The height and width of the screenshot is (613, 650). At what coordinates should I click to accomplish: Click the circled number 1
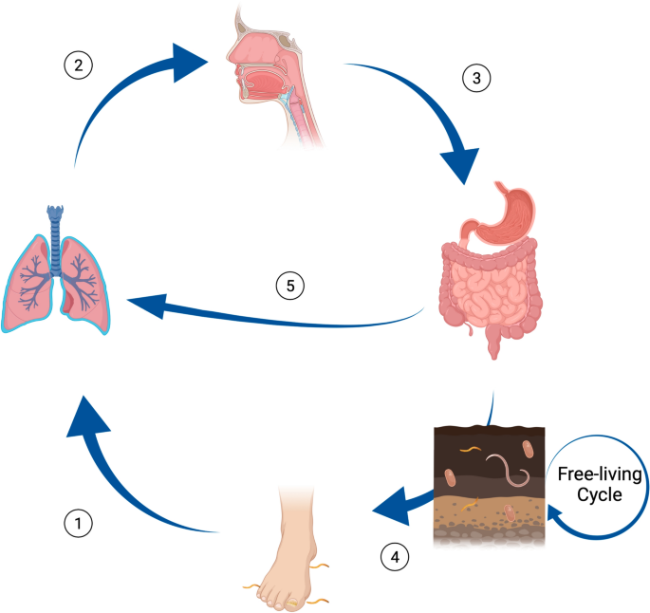79,523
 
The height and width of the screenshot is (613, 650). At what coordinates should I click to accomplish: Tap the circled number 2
79,65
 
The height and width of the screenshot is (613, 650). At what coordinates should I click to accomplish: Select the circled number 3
476,78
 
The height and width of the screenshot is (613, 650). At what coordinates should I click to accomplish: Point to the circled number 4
395,557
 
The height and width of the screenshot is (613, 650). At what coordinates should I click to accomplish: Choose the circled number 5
290,286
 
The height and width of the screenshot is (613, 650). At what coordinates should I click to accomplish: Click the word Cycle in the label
600,495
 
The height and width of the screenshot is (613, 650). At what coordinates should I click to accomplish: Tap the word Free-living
600,474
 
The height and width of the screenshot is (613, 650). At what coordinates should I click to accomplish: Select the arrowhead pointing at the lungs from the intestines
148,305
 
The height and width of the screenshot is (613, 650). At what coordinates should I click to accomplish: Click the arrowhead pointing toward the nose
189,63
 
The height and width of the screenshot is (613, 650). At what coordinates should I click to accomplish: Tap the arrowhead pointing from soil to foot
390,507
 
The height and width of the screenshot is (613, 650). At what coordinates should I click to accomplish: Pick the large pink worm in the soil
509,470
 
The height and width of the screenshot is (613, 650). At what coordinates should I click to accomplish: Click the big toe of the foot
293,603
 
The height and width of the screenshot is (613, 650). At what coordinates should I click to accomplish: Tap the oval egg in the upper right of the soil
528,449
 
